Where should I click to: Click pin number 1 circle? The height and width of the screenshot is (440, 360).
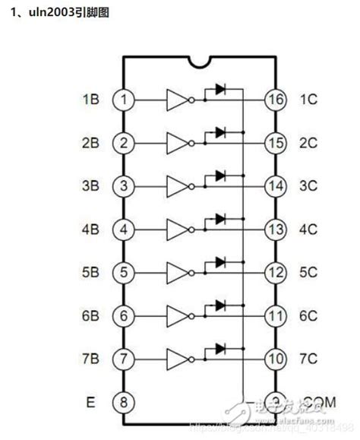coord(122,99)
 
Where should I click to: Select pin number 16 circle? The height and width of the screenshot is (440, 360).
coord(274,99)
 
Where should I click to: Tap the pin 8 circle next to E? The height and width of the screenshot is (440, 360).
coord(122,402)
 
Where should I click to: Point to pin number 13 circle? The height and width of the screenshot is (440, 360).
coord(274,229)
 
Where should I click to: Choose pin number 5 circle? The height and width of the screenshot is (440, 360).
coord(122,272)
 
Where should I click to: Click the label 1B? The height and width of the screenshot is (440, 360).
coord(90,99)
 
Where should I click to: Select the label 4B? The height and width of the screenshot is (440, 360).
coord(90,229)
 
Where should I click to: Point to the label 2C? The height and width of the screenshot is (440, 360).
coord(309,142)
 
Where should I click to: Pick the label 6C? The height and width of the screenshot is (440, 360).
coord(309,315)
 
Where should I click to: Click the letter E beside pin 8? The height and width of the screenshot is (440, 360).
coord(90,402)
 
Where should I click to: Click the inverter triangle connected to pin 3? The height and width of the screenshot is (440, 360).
coord(178,185)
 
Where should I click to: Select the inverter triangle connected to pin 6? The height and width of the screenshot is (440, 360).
coord(178,315)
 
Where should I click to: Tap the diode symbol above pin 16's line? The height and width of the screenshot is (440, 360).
coord(220,89)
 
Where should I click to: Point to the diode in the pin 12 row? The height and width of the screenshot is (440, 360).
coord(220,262)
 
